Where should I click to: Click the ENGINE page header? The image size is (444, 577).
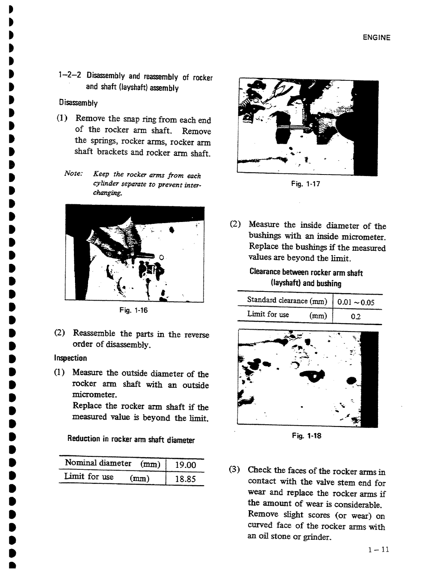376,37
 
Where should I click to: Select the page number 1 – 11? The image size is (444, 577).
378,550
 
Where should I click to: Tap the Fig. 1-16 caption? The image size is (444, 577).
134,310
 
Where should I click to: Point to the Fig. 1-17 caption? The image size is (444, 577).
306,184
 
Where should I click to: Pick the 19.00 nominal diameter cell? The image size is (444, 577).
185,465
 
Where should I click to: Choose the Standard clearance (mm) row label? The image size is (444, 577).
287,300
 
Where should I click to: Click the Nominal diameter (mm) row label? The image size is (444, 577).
112,463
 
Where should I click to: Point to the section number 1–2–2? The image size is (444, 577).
70,75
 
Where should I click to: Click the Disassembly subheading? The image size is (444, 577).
78,103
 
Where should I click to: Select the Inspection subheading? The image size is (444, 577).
71,358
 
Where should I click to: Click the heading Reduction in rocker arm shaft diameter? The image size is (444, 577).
131,439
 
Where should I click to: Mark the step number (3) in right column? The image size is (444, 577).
235,469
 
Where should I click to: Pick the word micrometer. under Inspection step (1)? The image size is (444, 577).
90,395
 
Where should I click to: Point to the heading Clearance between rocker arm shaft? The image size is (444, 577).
306,273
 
